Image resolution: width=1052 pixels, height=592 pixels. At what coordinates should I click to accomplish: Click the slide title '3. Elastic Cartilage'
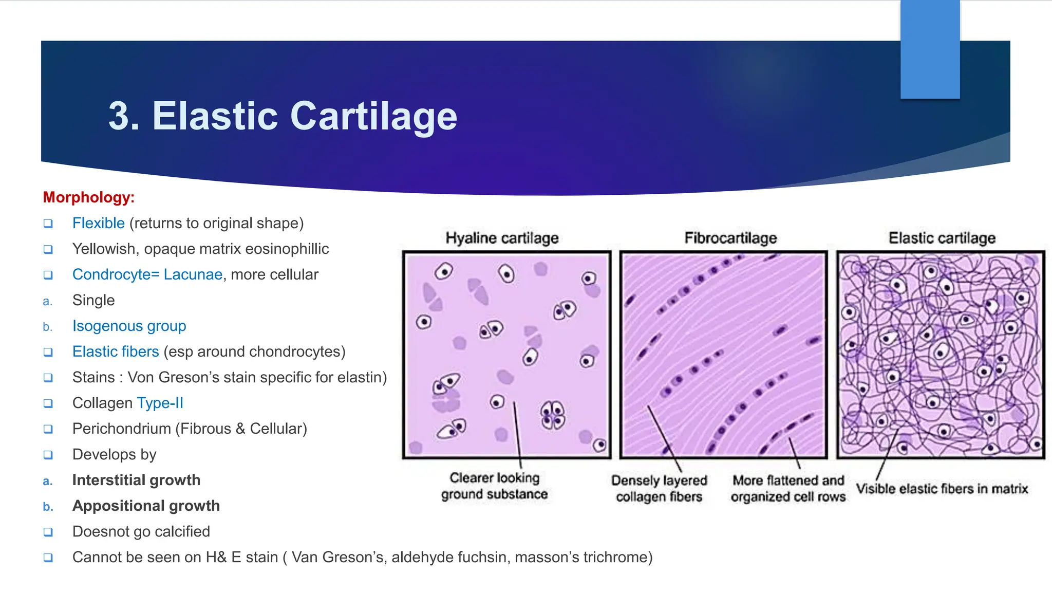click(x=283, y=116)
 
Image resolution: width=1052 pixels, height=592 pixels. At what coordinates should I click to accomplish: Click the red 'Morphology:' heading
click(x=88, y=197)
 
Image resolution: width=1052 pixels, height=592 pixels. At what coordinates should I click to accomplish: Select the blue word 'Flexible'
click(x=98, y=223)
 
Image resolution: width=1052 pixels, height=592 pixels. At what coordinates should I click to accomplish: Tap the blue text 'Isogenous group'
click(x=129, y=326)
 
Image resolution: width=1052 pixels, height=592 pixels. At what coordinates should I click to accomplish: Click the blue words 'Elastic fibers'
click(x=116, y=351)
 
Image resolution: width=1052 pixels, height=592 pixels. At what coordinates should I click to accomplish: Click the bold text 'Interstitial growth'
click(x=136, y=480)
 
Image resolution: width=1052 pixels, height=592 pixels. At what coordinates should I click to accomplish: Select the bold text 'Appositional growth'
click(x=146, y=506)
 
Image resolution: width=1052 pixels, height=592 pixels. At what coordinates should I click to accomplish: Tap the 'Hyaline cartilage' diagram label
click(x=502, y=238)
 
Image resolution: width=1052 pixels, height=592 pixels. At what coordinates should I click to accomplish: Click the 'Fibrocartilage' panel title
click(x=730, y=238)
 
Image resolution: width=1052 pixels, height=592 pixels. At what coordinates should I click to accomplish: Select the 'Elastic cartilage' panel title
click(x=942, y=238)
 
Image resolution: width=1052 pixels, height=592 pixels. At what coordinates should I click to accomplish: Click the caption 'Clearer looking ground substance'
click(x=494, y=486)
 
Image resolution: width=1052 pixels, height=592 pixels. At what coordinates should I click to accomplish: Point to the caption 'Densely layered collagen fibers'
click(x=659, y=488)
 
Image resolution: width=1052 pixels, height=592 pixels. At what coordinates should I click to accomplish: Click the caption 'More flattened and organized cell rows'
click(x=788, y=488)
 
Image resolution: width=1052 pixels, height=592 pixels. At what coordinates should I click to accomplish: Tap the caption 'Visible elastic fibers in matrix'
click(x=942, y=488)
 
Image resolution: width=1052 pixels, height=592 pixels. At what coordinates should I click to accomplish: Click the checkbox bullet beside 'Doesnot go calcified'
click(x=48, y=532)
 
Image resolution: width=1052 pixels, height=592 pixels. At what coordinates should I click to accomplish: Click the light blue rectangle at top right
click(x=930, y=49)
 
